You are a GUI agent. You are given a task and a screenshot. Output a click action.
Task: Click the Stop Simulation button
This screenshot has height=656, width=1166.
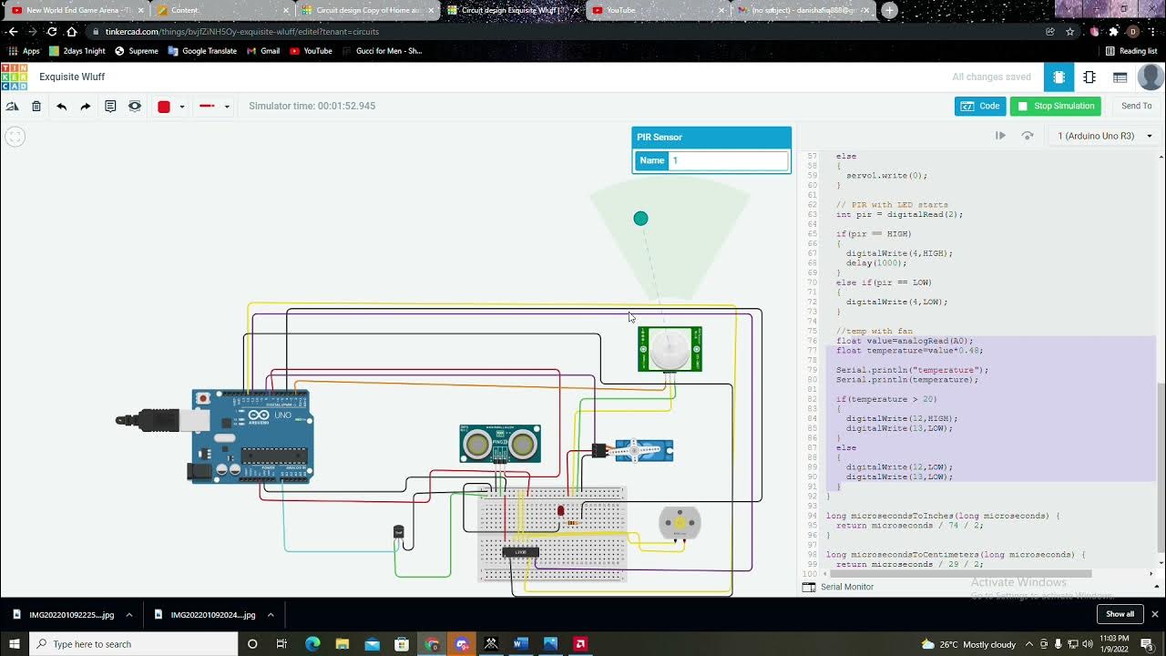pos(1055,106)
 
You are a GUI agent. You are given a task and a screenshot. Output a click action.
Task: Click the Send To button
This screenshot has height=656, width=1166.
pos(1136,106)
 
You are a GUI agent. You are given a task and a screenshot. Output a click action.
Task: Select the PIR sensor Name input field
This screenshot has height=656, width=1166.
pos(729,160)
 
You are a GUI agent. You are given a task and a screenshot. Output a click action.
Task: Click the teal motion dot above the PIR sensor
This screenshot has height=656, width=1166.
pos(640,219)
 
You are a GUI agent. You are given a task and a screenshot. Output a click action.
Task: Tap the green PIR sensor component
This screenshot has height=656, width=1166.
pos(670,349)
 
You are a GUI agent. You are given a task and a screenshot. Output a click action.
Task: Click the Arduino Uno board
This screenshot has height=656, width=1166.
pos(252,436)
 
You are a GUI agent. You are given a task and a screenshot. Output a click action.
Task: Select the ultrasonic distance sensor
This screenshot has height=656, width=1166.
pos(499,444)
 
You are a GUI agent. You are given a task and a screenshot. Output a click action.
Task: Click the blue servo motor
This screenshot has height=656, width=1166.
pos(643,450)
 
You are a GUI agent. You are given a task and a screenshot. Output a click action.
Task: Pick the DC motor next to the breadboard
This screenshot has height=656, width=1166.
pos(679,523)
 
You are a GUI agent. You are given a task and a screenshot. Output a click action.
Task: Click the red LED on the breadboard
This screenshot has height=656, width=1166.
pos(560,511)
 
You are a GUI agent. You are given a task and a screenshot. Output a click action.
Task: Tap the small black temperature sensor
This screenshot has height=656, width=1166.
pos(398,531)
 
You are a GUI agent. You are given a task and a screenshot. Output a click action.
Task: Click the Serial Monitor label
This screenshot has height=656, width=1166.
pos(846,587)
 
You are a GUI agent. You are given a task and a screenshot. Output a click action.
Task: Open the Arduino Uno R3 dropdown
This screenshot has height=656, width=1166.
pos(1104,136)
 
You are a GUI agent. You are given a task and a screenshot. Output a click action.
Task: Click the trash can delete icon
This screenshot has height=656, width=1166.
pos(36,107)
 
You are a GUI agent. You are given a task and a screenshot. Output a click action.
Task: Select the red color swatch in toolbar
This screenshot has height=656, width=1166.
pos(164,107)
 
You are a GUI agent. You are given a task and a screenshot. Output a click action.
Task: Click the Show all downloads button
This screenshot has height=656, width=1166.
pos(1120,614)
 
